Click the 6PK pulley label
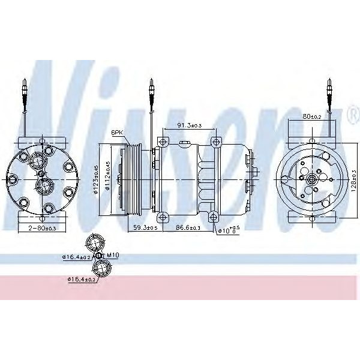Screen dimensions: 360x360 click(116, 134)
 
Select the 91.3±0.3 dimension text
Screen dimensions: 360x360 click(189, 125)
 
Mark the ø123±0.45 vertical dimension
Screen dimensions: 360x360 click(95, 179)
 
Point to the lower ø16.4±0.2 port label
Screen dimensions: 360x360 click(82, 279)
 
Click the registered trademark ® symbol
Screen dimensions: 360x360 click(352, 114)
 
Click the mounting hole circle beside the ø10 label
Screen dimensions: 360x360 click(214, 216)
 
